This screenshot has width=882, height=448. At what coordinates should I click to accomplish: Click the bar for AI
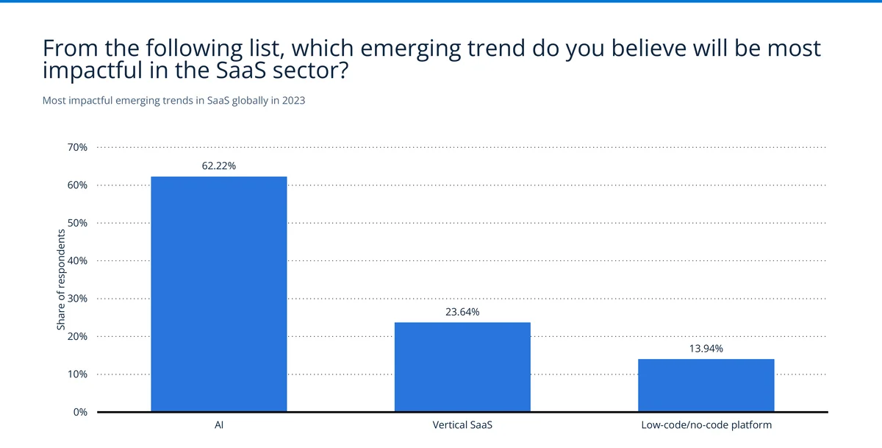coord(218,294)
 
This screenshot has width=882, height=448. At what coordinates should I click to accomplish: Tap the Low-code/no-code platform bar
coord(706,385)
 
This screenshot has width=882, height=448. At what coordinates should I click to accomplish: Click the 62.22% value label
coord(218,166)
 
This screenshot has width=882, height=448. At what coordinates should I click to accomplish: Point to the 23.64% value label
coord(462,312)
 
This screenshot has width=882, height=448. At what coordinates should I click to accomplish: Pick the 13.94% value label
coord(706,349)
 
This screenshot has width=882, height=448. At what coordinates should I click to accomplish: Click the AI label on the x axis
coord(218,425)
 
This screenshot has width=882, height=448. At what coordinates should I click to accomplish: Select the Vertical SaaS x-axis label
coord(462,425)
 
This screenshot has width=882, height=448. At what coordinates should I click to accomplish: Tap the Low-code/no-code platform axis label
coord(706,425)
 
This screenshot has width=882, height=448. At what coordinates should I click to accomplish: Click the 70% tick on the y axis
coord(77,147)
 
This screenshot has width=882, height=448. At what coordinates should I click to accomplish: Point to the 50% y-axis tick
coord(77,223)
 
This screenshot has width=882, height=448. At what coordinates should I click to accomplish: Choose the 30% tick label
coord(77,299)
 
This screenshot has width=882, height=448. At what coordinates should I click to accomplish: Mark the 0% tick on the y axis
coord(79,412)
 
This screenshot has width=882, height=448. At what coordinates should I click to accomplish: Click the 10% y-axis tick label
coord(77,374)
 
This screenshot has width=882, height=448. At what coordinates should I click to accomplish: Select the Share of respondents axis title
coord(61,280)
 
